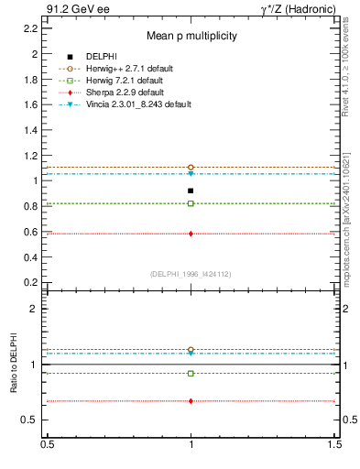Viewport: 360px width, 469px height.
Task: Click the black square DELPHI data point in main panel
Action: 191,191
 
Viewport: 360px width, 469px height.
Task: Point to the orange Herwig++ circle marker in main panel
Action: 191,168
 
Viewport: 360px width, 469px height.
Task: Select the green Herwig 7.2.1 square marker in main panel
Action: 191,203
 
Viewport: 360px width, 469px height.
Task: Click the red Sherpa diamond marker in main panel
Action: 191,234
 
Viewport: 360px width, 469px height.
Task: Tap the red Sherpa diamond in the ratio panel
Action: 191,401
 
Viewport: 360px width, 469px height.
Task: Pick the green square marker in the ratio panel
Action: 191,374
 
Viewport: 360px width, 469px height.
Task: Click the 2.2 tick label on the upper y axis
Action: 31,28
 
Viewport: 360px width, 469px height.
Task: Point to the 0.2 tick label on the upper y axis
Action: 31,283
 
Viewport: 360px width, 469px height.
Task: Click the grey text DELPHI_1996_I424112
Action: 191,274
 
